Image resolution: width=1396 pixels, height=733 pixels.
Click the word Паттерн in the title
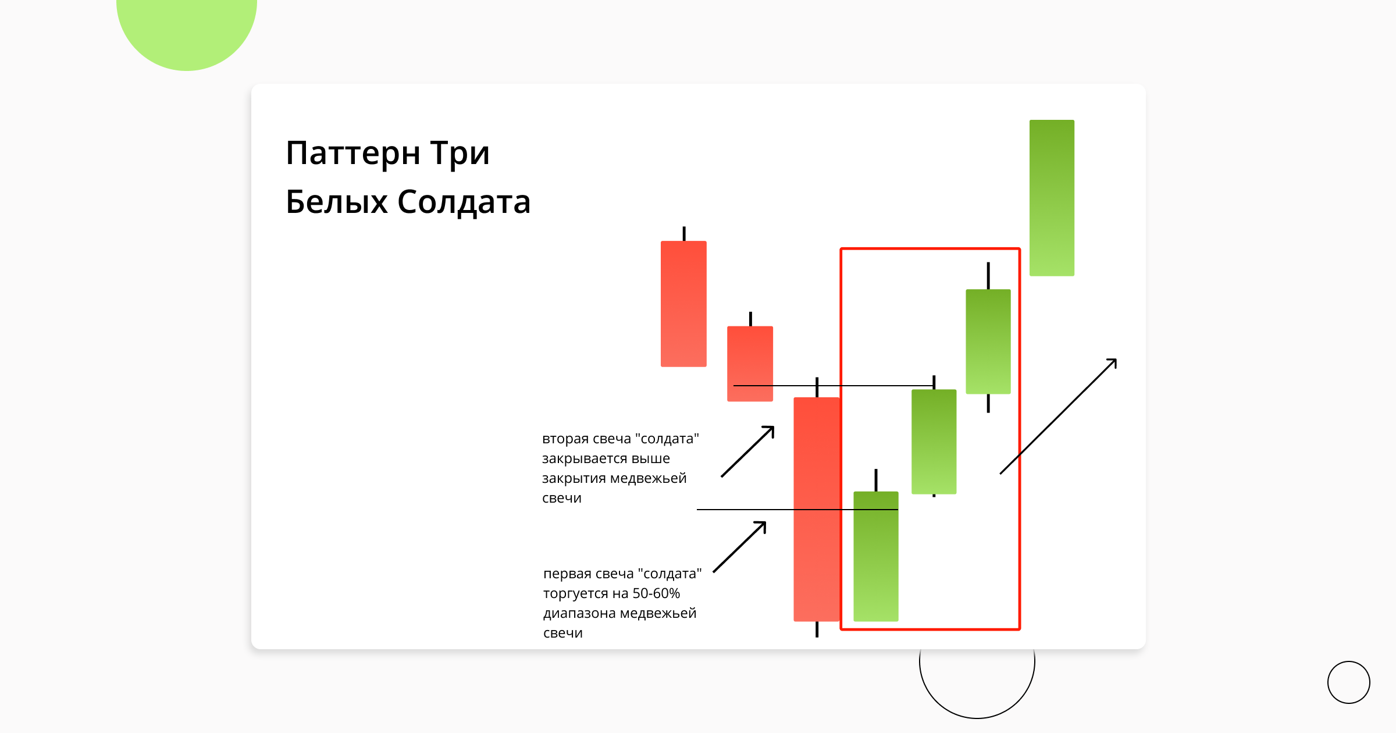tap(352, 154)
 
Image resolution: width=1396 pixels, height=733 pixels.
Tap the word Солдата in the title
tap(464, 202)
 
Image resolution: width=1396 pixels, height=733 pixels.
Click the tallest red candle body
tap(816, 509)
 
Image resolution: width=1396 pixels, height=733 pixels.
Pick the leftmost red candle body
tap(683, 304)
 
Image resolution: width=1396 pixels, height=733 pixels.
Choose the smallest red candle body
tap(750, 364)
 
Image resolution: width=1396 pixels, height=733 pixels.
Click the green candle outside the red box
tap(1052, 198)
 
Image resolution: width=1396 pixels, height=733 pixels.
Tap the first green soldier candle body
tap(875, 556)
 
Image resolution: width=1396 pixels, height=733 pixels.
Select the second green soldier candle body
tap(934, 442)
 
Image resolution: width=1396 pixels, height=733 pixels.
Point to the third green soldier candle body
tap(988, 341)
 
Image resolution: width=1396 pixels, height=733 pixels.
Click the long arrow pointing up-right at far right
tap(1059, 416)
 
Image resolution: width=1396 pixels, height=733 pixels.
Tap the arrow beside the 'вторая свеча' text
tap(748, 451)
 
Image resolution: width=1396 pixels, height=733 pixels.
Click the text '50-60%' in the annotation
tap(656, 593)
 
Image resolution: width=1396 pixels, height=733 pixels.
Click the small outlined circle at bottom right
tap(1348, 682)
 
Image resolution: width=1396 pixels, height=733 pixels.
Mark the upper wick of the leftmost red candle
tap(684, 234)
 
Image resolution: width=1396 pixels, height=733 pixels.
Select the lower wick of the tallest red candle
tap(817, 629)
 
